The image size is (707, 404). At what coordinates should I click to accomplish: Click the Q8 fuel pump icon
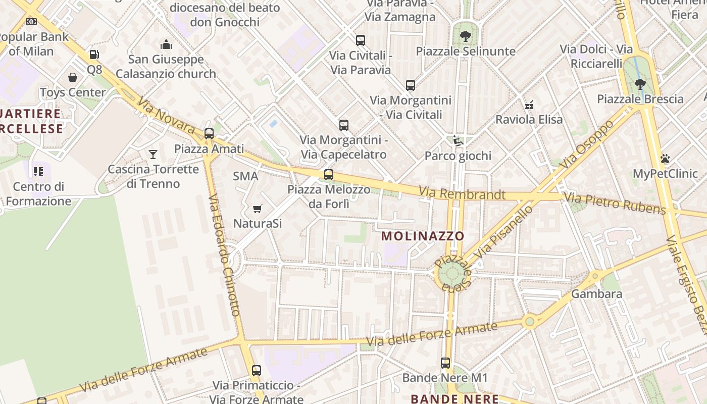[93, 55]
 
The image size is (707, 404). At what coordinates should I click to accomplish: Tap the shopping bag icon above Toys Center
[73, 77]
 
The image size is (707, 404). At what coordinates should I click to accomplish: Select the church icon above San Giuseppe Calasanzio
[166, 44]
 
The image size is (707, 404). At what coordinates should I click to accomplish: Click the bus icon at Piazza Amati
[209, 134]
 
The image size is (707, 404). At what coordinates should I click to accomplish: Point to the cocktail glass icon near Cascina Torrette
[153, 154]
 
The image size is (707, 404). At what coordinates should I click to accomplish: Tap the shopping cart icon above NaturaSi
[258, 209]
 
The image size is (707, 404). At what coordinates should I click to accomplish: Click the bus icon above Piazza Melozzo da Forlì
[329, 175]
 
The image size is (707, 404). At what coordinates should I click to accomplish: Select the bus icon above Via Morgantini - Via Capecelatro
[344, 125]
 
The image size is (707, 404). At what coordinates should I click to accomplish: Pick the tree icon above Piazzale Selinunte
[465, 36]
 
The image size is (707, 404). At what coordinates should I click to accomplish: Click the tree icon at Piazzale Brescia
[640, 84]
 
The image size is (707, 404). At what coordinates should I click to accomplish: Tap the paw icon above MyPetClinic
[665, 159]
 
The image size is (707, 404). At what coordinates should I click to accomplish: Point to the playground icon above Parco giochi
[458, 141]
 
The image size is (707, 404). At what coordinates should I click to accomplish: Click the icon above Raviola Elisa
[529, 105]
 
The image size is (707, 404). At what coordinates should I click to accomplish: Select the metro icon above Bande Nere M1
[445, 363]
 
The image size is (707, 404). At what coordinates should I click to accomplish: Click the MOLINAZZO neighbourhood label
[423, 236]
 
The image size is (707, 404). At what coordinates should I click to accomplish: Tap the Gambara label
[596, 294]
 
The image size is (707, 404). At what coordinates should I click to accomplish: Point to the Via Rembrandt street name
[462, 193]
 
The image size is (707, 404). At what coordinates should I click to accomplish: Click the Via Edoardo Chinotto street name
[223, 255]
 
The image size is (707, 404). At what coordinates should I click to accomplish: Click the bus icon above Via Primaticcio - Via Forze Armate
[257, 370]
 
